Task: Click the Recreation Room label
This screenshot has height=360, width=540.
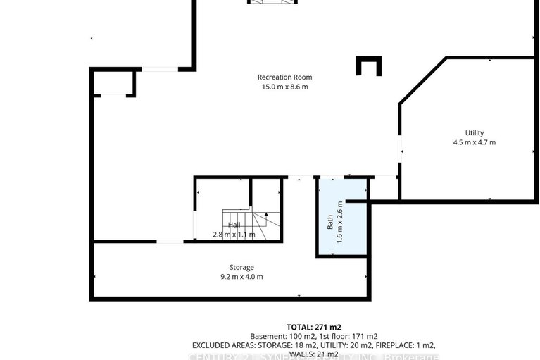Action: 284,77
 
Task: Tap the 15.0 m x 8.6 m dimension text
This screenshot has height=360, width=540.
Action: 284,87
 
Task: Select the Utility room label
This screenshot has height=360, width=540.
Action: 474,133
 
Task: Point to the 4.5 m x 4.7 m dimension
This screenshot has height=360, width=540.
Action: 474,142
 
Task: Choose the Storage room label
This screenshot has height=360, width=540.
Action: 241,267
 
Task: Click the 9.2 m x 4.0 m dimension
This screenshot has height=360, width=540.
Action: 241,276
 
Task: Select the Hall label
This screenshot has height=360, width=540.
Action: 234,225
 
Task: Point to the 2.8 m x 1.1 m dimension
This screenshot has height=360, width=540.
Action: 234,234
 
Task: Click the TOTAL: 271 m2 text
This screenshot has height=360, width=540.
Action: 314,327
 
